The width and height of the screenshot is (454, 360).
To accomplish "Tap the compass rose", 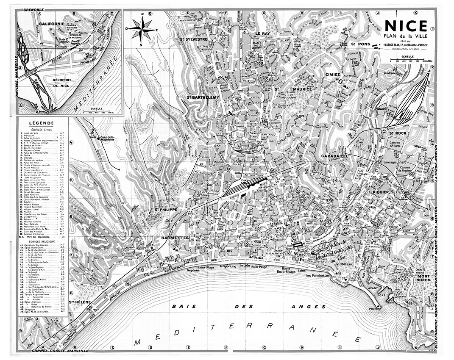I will point(143,29).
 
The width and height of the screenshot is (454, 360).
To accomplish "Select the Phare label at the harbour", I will point(373,310).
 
